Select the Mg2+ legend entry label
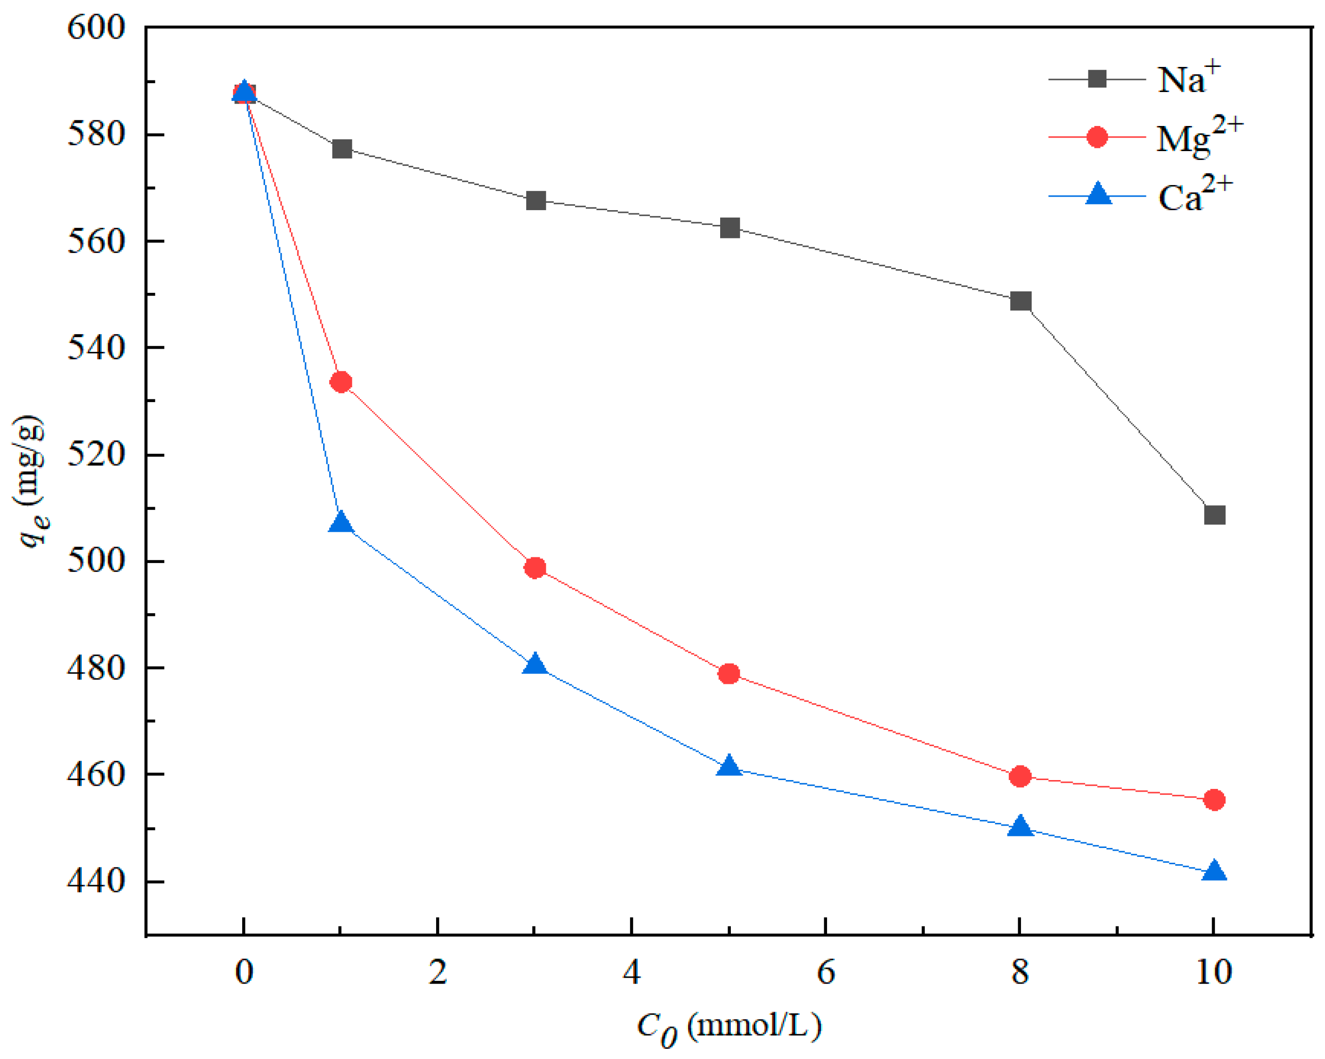tap(1199, 137)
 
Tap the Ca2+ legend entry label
tap(1194, 195)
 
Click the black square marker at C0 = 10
tap(1214, 515)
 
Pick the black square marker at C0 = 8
tap(1020, 301)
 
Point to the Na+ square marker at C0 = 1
tap(342, 149)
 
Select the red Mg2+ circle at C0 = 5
tap(729, 674)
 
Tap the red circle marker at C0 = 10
tap(1214, 800)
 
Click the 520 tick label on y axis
tap(96, 455)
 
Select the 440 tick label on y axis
tap(96, 881)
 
